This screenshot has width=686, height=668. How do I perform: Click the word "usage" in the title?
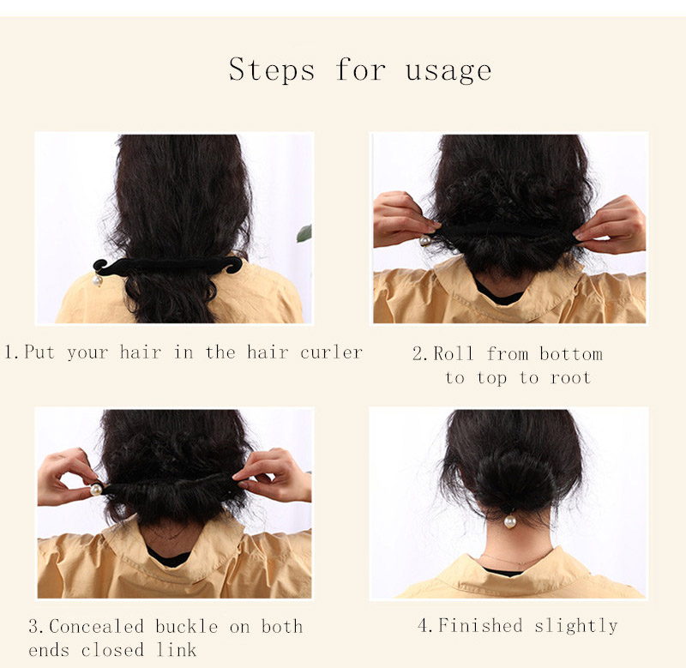(448, 70)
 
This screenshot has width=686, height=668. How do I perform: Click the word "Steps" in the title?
(271, 69)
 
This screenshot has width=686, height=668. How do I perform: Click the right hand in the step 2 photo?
(612, 226)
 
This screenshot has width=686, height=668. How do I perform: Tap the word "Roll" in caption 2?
(454, 353)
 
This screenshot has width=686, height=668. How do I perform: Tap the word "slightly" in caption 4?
(575, 626)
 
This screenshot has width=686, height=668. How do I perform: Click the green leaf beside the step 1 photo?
(304, 233)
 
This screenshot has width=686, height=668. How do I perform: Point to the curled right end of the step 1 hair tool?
(237, 265)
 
